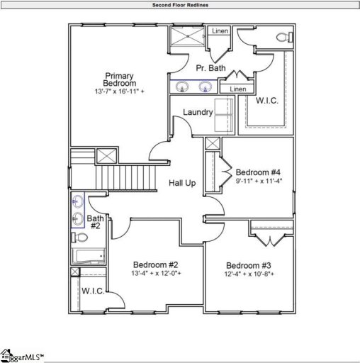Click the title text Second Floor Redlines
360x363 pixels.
tap(180, 5)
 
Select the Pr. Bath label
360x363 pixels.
tap(210, 68)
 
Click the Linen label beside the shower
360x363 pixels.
tap(220, 31)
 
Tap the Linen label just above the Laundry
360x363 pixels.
tap(238, 89)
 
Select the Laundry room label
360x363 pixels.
tap(198, 112)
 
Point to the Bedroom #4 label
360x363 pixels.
tap(258, 172)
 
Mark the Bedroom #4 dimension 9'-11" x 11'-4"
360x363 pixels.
tap(258, 181)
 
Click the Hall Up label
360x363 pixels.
tap(182, 184)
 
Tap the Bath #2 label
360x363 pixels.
tap(94, 222)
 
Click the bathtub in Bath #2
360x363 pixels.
tap(88, 257)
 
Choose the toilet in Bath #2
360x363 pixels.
tap(79, 237)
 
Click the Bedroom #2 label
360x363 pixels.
tap(156, 264)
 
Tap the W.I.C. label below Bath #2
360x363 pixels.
tap(92, 291)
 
